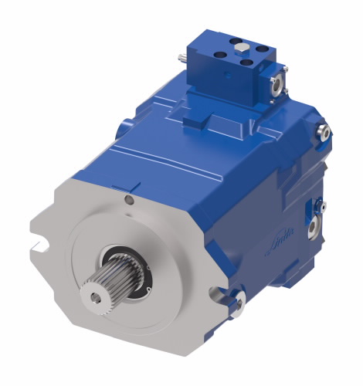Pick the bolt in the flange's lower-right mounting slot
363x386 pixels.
pos(238,300)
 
